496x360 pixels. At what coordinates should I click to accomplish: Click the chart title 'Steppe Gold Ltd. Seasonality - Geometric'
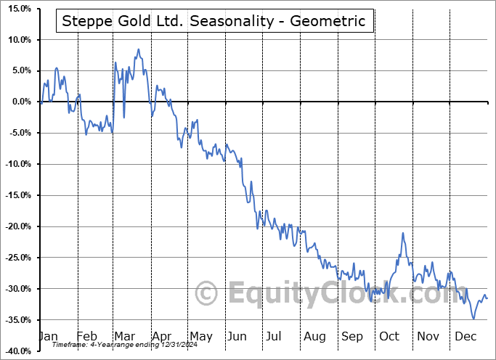point(214,21)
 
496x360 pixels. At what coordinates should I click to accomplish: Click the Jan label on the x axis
point(48,337)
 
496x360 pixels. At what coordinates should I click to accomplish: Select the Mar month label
point(125,337)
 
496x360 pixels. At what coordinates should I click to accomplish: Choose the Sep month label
point(352,337)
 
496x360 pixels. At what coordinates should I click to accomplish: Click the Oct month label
point(389,337)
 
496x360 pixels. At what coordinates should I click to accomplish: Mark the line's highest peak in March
point(138,49)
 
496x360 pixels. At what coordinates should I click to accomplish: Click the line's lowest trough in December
point(473,319)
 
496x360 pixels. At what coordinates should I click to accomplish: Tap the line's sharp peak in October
point(402,233)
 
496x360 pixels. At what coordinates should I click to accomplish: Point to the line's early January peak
point(57,67)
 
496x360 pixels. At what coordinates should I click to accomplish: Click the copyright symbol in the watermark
point(207,294)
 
